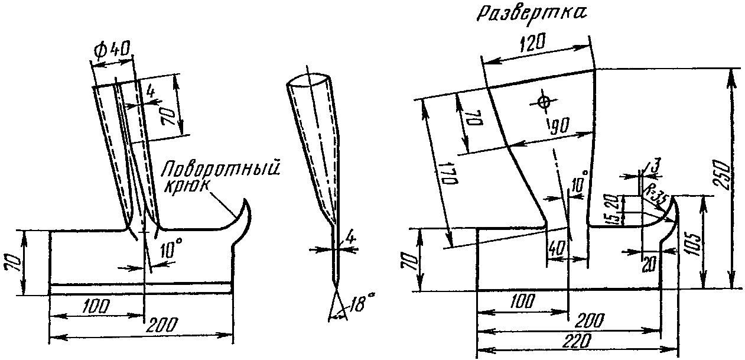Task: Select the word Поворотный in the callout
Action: (221, 168)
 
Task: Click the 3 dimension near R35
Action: (656, 166)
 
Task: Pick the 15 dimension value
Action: (614, 218)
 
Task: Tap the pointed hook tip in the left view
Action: (245, 200)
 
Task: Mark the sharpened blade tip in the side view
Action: (337, 288)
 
